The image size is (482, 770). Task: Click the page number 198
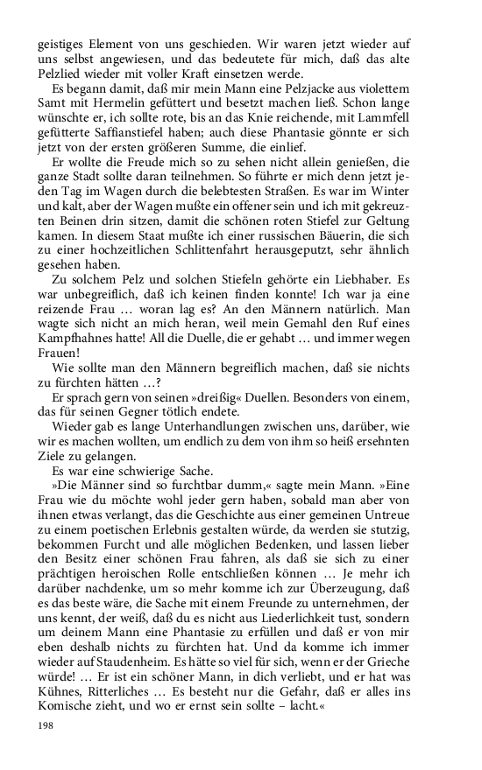(x=46, y=725)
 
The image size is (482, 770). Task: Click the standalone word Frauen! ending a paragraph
(x=59, y=354)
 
